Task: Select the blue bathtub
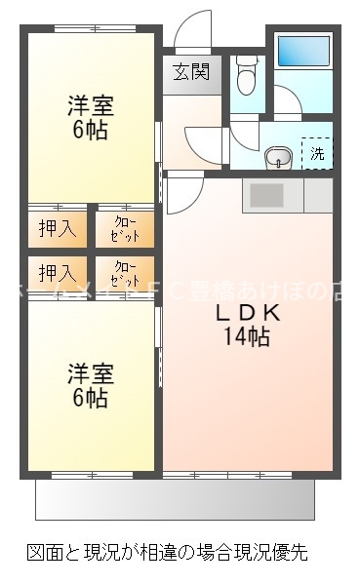[x=305, y=51]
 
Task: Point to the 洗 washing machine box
[x=317, y=153]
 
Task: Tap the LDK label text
[x=248, y=314]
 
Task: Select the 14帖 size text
[x=248, y=338]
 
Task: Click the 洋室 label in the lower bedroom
[x=89, y=373]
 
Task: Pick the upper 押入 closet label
[x=56, y=229]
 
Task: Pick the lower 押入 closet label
[x=56, y=272]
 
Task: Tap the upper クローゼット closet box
[x=125, y=229]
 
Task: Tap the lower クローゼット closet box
[x=125, y=272]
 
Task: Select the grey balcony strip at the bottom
[x=176, y=499]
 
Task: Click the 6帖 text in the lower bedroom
[x=89, y=398]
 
